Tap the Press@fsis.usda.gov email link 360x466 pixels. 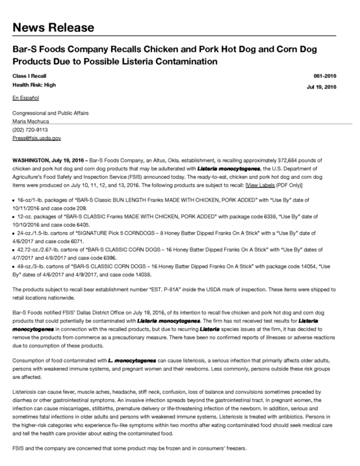(x=37, y=138)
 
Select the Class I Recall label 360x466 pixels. (x=29, y=76)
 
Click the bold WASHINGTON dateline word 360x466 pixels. (x=34, y=158)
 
